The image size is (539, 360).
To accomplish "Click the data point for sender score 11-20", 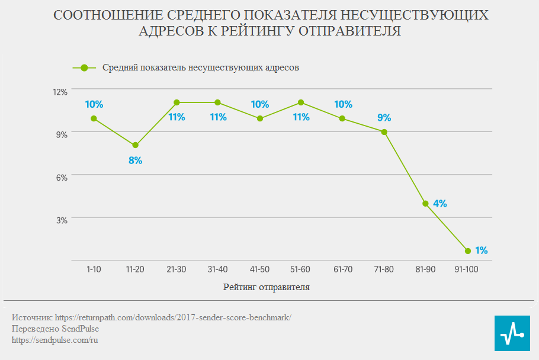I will point(135,145).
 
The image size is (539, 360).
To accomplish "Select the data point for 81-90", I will point(425,204).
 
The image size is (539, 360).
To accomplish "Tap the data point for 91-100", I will point(468,251).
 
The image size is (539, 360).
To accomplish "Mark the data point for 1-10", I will point(94,118).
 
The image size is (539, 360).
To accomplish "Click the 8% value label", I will point(136,160).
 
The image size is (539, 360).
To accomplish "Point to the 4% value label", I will point(440,204).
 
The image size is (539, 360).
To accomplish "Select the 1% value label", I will point(481,250).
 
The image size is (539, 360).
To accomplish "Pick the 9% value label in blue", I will point(384,117).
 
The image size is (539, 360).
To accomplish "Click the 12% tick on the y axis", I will point(60,92).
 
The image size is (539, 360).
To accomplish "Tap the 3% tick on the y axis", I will point(62,220).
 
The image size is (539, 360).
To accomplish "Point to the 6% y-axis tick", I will point(62,177).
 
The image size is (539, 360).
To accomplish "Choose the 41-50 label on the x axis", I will point(259,269).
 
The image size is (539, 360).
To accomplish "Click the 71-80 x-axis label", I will point(384,269).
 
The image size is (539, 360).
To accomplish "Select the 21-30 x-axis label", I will point(177,269).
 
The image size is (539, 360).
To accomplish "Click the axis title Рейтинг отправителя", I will point(267,288).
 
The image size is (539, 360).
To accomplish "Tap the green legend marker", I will point(84,67).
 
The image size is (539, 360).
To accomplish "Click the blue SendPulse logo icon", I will point(512,333).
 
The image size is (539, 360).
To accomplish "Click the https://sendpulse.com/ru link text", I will point(54,340).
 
